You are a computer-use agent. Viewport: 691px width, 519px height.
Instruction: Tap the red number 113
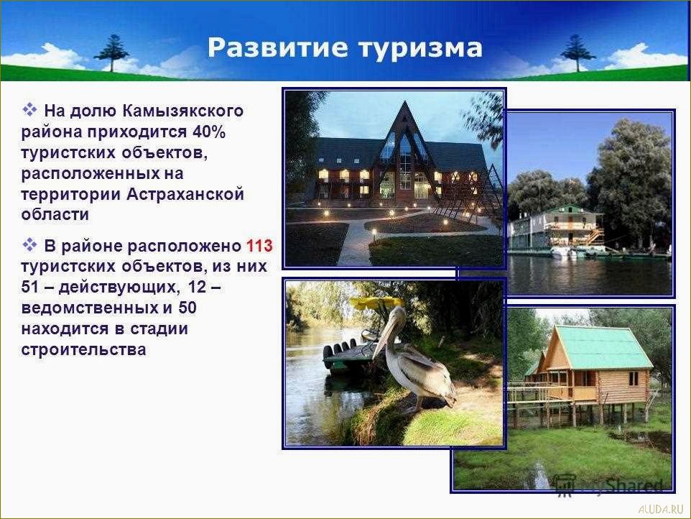click(x=259, y=247)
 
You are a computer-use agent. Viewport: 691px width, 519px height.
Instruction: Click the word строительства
click(x=84, y=350)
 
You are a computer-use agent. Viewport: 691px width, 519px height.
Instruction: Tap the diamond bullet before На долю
click(x=29, y=110)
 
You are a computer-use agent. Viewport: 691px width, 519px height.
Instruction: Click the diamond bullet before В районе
click(x=29, y=246)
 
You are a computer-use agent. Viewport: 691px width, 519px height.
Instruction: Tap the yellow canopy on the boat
click(x=376, y=303)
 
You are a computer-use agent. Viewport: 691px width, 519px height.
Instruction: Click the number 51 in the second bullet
click(x=32, y=288)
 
